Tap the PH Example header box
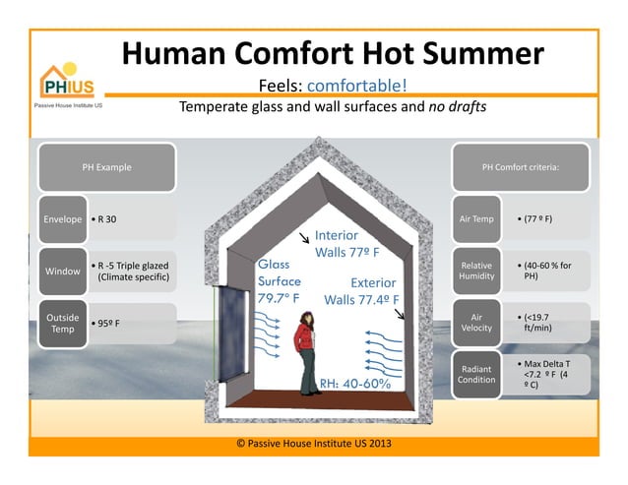click(106, 167)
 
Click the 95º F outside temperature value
click(107, 323)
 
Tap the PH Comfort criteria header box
click(520, 167)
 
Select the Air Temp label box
click(476, 217)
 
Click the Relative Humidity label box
click(476, 272)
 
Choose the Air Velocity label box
click(476, 324)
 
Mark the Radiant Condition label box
click(476, 374)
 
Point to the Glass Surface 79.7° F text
click(281, 280)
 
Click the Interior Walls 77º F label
click(346, 244)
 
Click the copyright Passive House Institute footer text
click(314, 443)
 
